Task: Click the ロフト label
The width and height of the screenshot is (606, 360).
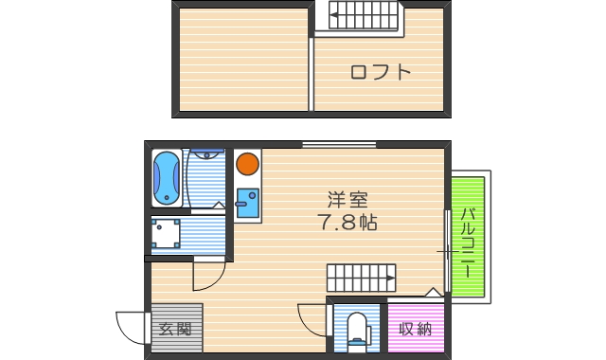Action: (381, 71)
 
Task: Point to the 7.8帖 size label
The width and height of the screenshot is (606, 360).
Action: (348, 224)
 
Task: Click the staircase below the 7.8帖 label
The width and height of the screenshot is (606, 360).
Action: (361, 278)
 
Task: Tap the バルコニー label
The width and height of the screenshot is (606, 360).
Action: (468, 242)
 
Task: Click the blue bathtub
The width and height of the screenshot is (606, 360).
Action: (168, 177)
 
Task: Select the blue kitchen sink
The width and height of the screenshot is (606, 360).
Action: (248, 204)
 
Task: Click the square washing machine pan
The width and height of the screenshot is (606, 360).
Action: (168, 233)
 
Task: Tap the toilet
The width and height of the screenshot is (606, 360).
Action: (357, 332)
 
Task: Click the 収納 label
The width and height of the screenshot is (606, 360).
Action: (415, 330)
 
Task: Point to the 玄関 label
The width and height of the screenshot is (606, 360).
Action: (175, 330)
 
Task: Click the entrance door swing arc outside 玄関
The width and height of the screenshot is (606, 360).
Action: (131, 328)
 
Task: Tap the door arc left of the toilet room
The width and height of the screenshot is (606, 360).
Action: (312, 317)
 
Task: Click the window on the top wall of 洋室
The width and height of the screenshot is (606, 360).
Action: (338, 144)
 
